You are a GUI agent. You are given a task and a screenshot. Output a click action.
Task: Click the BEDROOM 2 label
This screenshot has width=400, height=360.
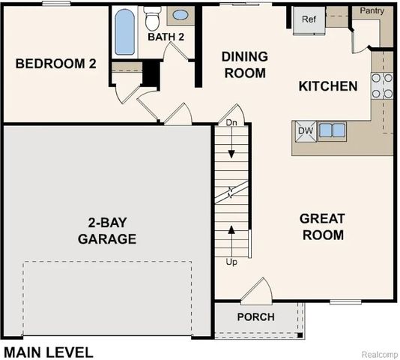[56, 64]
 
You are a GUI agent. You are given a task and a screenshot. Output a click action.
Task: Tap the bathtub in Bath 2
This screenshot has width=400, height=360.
[124, 31]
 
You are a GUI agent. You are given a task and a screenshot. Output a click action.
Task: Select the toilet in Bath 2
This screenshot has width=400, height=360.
[153, 16]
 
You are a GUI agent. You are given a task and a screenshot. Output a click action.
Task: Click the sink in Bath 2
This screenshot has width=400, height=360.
[181, 14]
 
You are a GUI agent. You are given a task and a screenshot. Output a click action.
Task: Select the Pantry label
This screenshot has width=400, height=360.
[372, 10]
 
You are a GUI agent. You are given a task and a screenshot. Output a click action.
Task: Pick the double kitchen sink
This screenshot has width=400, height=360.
[332, 130]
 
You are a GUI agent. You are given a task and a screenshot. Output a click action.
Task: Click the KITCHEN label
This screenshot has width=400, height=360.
[328, 86]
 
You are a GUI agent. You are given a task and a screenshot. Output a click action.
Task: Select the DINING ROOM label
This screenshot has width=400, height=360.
[243, 64]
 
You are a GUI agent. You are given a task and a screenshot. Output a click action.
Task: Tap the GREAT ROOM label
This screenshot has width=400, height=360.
[322, 226]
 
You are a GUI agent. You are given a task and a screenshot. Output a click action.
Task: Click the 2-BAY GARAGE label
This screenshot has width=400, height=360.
[109, 231]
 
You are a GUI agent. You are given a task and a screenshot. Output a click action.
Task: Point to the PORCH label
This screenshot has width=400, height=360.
[255, 316]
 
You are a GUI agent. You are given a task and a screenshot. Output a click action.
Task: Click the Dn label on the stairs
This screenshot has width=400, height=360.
[231, 121]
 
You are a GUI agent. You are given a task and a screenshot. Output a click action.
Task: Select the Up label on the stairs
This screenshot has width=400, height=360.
[231, 262]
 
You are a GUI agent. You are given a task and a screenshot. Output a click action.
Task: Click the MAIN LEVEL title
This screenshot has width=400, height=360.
[49, 351]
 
